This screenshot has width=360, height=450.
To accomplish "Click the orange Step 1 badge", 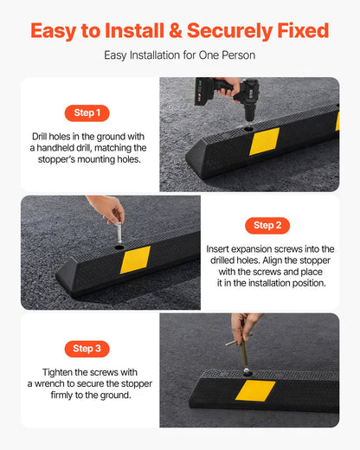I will (87, 112).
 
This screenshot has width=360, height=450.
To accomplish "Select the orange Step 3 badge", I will (87, 348).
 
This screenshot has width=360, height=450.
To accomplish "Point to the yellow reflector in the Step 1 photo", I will (264, 141).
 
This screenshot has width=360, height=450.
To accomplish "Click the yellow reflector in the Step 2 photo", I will (135, 259).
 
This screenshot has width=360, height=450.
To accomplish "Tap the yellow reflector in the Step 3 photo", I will (255, 390).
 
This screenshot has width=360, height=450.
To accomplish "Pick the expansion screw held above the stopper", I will (119, 235).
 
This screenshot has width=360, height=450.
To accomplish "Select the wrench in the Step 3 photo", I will (246, 346).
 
